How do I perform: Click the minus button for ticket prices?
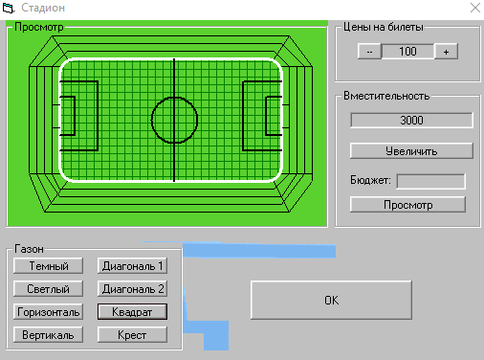[x=368, y=52]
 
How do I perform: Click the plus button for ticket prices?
[x=446, y=52]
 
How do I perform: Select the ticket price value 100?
[x=407, y=52]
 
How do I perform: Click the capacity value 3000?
[x=411, y=121]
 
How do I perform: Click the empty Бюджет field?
[x=430, y=181]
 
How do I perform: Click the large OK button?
[x=331, y=300]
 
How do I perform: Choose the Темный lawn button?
[x=49, y=265]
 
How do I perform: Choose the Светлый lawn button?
[x=49, y=288]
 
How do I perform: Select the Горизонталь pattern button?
[x=49, y=311]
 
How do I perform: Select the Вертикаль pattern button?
[x=49, y=335]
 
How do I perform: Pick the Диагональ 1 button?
[x=133, y=265]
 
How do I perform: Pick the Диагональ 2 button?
[x=133, y=288]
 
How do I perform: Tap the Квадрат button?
[x=133, y=311]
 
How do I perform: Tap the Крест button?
[x=133, y=335]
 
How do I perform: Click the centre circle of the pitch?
[x=174, y=120]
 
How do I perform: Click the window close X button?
[x=471, y=8]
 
